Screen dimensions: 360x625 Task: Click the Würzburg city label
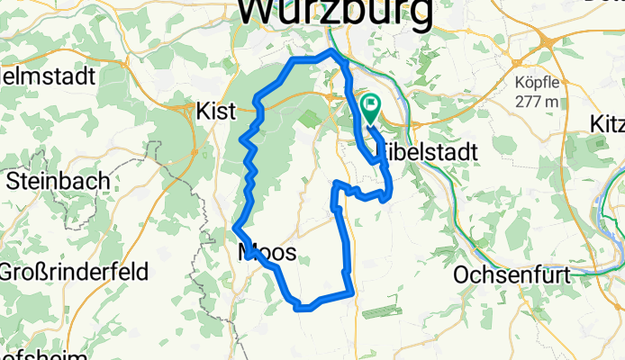(x=333, y=13)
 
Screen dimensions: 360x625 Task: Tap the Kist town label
(x=215, y=111)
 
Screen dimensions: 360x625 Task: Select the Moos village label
(x=267, y=252)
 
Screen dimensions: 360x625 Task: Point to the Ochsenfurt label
(x=513, y=274)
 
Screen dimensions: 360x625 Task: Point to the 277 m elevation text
(x=537, y=101)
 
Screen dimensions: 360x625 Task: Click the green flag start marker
(x=370, y=109)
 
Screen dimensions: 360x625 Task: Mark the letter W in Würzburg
(x=258, y=13)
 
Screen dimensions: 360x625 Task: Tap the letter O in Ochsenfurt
(x=465, y=274)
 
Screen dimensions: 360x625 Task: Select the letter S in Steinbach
(x=14, y=180)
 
